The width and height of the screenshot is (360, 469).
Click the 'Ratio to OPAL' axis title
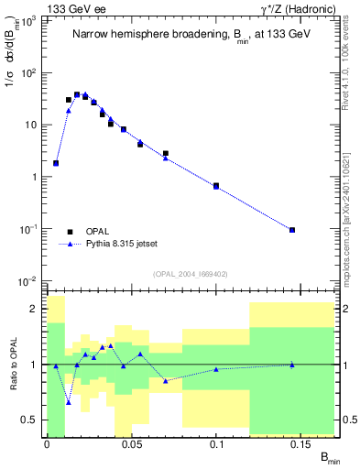point(12,365)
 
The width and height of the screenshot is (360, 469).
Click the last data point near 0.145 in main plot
point(292,230)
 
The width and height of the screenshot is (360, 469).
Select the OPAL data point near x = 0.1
point(216,186)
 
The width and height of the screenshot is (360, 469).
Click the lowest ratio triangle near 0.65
point(69,402)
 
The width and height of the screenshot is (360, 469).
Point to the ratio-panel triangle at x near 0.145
point(292,365)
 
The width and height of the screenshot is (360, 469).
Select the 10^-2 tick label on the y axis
point(29,280)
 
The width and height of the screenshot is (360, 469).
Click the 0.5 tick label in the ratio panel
point(30,420)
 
